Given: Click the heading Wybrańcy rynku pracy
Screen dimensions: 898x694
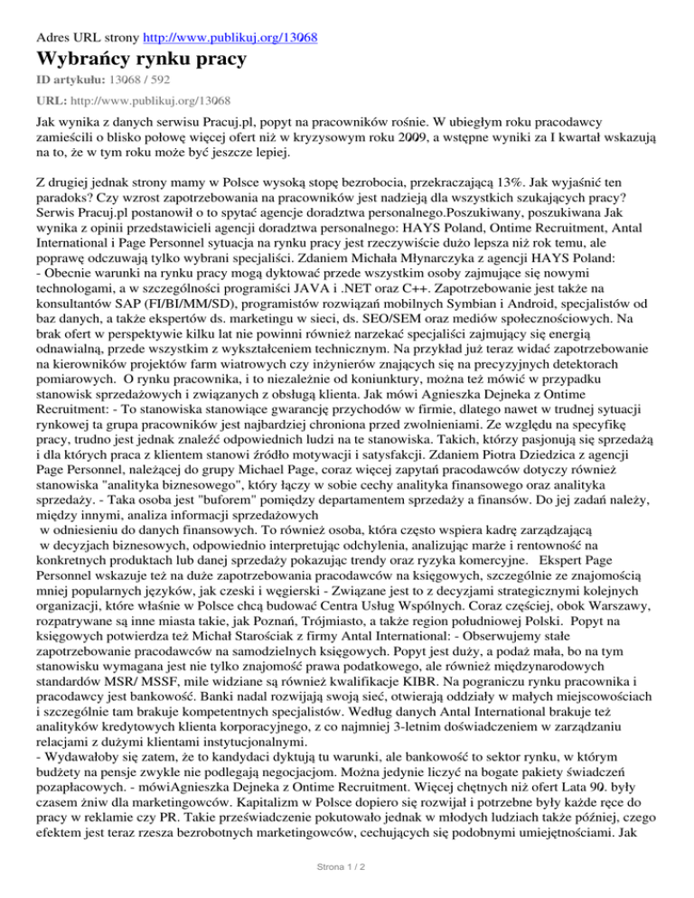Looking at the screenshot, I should (143, 61).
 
